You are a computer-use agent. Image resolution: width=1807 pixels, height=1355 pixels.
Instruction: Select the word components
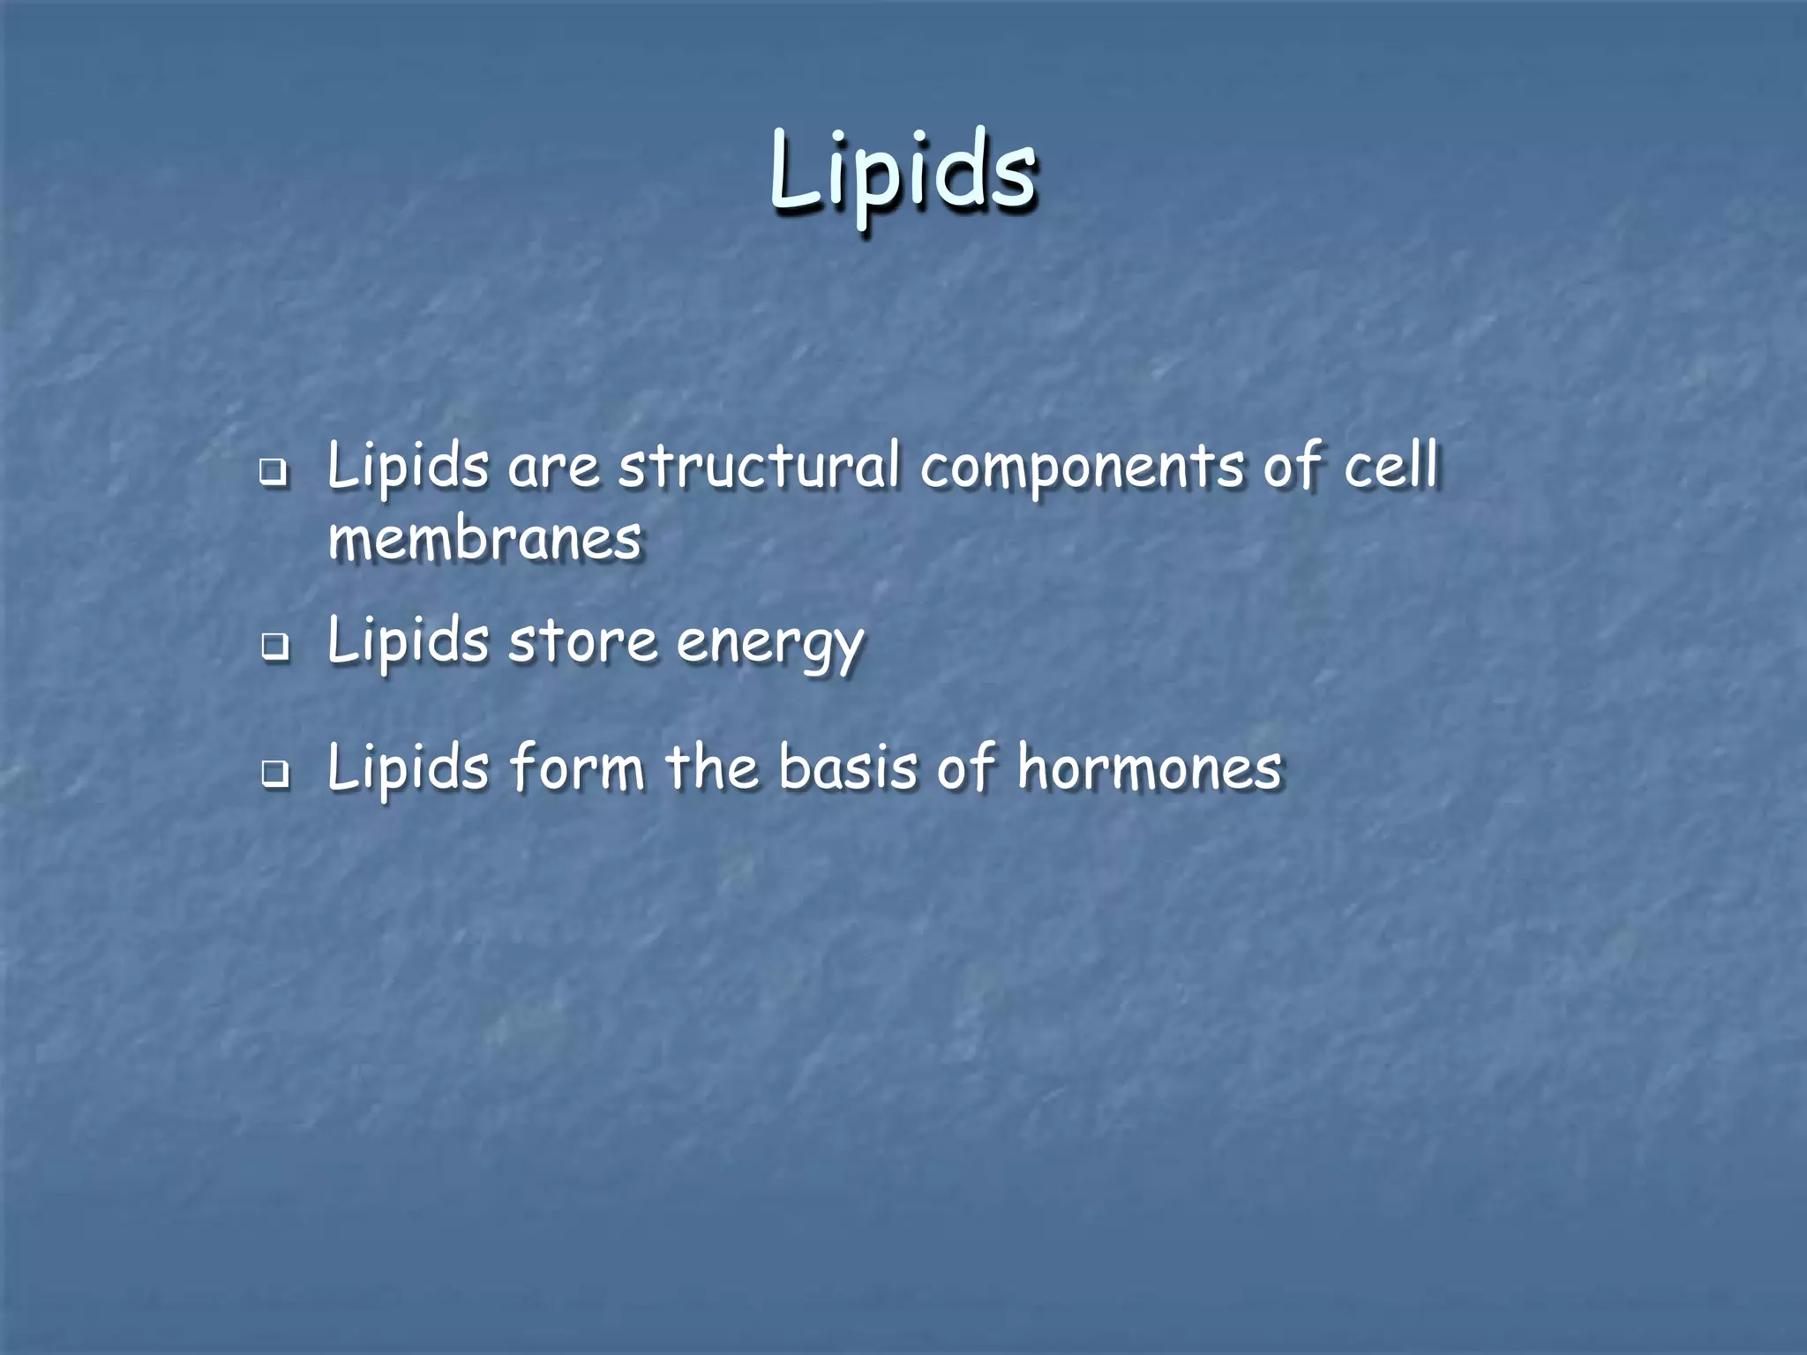[1082, 468]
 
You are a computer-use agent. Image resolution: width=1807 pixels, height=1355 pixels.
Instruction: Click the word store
[583, 641]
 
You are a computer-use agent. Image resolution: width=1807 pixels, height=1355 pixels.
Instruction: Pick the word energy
[769, 644]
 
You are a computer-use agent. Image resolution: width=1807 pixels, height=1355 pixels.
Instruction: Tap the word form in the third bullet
[577, 767]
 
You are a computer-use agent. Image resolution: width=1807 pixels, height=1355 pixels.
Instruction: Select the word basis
[848, 767]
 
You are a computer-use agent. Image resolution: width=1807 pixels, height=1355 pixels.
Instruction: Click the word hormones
[1150, 767]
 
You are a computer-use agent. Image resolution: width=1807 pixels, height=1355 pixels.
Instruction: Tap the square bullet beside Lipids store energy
[274, 648]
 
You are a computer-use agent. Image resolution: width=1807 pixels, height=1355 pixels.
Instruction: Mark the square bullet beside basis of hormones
[274, 774]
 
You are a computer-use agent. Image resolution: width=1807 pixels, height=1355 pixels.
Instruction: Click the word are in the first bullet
[553, 468]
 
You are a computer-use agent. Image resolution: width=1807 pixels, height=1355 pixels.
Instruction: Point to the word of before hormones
[966, 767]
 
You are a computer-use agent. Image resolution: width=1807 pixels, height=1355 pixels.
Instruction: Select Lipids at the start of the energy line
[407, 641]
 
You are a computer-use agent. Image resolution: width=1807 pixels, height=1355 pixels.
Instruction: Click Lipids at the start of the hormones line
[407, 767]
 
